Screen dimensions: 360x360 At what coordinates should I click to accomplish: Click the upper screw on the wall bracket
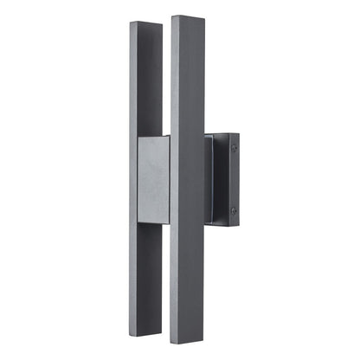[x=234, y=148]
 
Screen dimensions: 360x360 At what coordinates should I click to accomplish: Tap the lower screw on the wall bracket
[x=234, y=210]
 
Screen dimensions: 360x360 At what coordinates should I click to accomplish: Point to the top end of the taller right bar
[x=186, y=18]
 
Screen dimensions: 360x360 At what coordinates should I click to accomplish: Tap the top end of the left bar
[x=145, y=24]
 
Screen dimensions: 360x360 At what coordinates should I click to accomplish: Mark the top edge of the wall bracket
[x=223, y=135]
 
